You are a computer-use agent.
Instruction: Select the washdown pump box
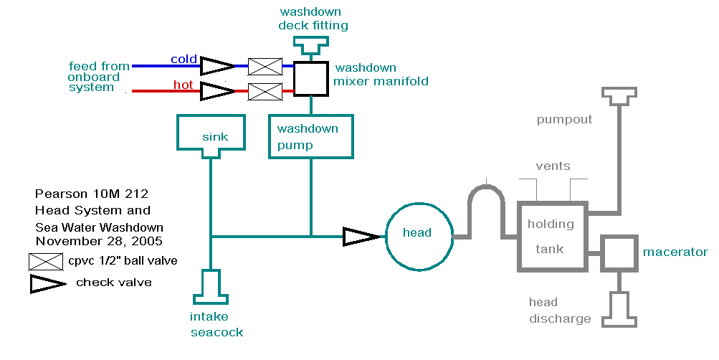[311, 137]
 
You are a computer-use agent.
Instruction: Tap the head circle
[417, 232]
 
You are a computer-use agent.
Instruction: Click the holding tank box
[551, 236]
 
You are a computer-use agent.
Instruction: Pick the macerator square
[619, 252]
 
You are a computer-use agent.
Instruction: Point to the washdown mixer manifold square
[311, 78]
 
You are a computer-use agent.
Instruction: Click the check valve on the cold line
[216, 67]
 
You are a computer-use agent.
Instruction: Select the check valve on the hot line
[216, 92]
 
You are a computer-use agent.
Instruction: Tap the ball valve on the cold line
[265, 67]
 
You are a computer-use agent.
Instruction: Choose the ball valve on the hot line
[265, 92]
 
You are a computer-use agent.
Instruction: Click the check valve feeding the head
[360, 236]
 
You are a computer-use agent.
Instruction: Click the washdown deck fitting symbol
[310, 47]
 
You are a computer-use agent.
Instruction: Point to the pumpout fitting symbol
[619, 97]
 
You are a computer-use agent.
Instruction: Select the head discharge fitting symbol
[619, 309]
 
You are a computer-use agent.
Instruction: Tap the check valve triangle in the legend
[47, 284]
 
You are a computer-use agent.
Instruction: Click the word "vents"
[553, 166]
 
